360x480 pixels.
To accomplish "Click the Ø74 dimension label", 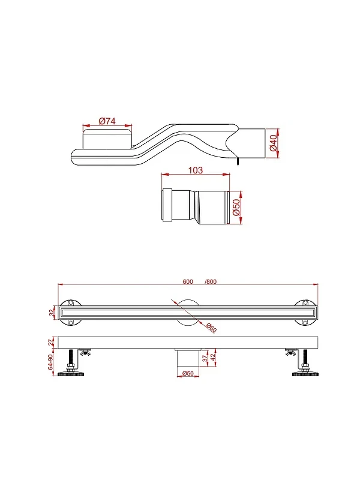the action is (107, 121).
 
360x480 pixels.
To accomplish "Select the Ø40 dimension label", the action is (273, 143).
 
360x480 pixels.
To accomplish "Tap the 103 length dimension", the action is (196, 170).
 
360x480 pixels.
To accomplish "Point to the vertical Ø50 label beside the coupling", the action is (236, 208).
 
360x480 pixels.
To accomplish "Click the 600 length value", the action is (188, 281).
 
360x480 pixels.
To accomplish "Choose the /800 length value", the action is (211, 281).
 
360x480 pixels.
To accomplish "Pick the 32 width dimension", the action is (52, 313).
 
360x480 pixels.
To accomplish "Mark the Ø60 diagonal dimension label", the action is (211, 328).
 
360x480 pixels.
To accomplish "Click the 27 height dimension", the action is (52, 342).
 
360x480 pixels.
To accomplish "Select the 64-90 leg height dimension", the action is (51, 362).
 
